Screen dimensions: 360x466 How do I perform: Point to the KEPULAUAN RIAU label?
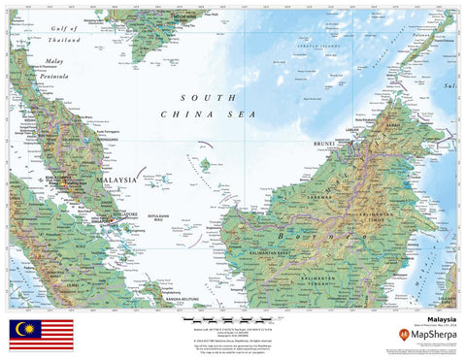[159, 219]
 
